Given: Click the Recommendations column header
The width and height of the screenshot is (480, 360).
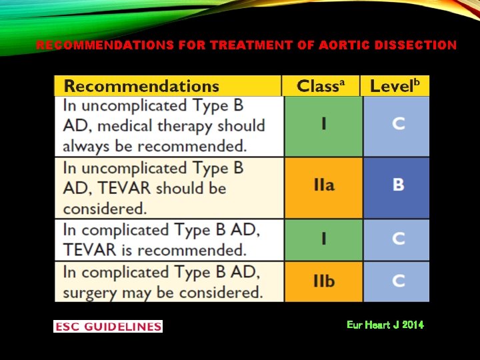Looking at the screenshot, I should [141, 86].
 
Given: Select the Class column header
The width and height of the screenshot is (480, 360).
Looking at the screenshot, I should [321, 86].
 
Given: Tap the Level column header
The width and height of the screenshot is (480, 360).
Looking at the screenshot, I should [395, 86].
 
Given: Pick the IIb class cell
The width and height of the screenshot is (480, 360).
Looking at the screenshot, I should [324, 281].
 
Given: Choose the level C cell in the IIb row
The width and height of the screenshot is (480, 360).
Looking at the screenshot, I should [397, 281].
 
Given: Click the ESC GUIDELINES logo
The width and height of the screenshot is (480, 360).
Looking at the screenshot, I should [108, 326].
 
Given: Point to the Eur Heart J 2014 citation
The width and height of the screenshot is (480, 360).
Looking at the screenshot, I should [385, 325].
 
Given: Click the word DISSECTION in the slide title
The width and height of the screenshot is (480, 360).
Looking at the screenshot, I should [415, 45].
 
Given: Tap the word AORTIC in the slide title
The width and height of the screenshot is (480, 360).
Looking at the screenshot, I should [345, 45].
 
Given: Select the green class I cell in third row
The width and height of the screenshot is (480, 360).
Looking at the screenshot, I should [324, 239].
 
